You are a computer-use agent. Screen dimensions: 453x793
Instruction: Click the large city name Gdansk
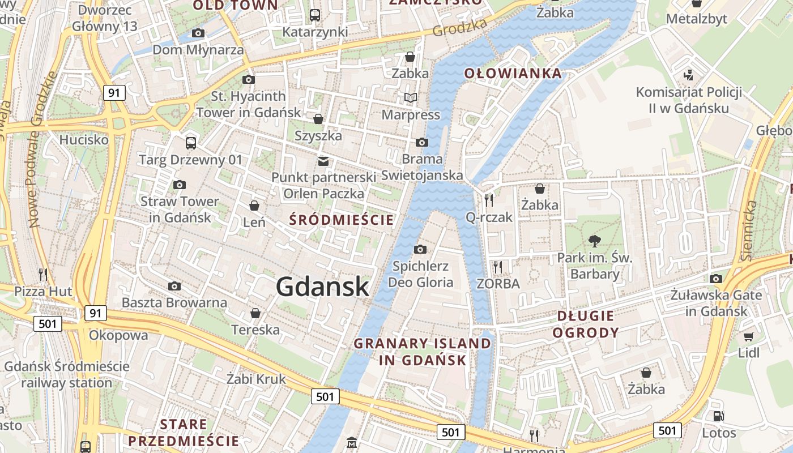point(322,287)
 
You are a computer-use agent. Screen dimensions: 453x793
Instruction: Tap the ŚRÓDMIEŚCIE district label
point(341,220)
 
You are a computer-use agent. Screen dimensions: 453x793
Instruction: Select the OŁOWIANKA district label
point(513,73)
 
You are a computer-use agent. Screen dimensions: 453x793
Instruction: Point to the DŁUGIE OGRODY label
point(586,324)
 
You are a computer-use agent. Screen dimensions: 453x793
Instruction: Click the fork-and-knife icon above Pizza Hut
point(43,275)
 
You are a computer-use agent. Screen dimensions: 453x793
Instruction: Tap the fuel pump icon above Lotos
point(718,416)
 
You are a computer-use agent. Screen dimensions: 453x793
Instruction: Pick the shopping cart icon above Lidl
point(748,336)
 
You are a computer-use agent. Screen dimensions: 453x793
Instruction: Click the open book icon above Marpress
point(411,98)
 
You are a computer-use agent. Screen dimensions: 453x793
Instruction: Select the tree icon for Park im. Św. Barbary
point(594,241)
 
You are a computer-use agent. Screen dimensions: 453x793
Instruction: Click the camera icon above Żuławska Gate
point(716,279)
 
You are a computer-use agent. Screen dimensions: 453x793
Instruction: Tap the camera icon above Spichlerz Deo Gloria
point(420,249)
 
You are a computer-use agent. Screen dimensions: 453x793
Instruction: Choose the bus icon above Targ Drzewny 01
point(191,143)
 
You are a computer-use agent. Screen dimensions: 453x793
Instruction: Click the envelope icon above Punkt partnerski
point(323,161)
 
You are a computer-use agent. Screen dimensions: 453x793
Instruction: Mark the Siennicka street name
point(749,230)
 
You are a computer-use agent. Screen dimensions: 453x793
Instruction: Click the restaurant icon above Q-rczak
point(489,200)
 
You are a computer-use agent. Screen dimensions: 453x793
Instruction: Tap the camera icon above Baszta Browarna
point(174,286)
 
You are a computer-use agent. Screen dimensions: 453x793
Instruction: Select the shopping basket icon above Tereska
point(255,313)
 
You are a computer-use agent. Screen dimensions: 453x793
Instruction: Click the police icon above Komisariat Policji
point(689,75)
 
